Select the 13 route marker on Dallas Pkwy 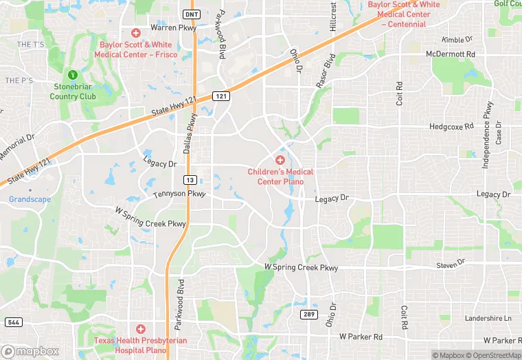[x=189, y=179]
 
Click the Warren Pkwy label [x=173, y=28]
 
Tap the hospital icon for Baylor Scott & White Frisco [x=135, y=32]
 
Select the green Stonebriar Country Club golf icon [x=73, y=74]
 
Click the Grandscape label [x=30, y=199]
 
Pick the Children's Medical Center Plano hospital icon [x=280, y=159]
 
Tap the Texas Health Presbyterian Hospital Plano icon [x=140, y=329]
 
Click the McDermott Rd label [x=451, y=54]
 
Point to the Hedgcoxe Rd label [x=451, y=126]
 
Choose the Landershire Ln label [x=488, y=319]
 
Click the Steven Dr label [x=451, y=264]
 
